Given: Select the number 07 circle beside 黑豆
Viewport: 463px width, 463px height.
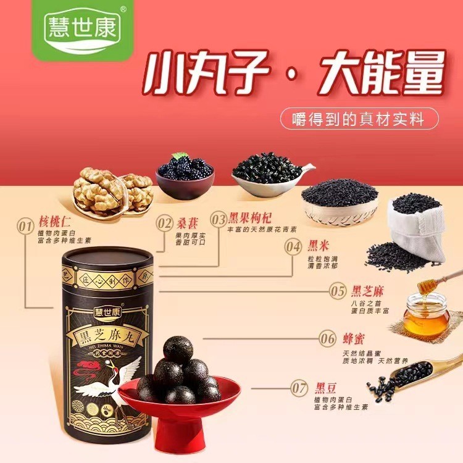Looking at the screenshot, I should pyautogui.click(x=299, y=388).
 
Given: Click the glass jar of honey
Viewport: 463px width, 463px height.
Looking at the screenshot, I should pyautogui.click(x=427, y=315).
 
